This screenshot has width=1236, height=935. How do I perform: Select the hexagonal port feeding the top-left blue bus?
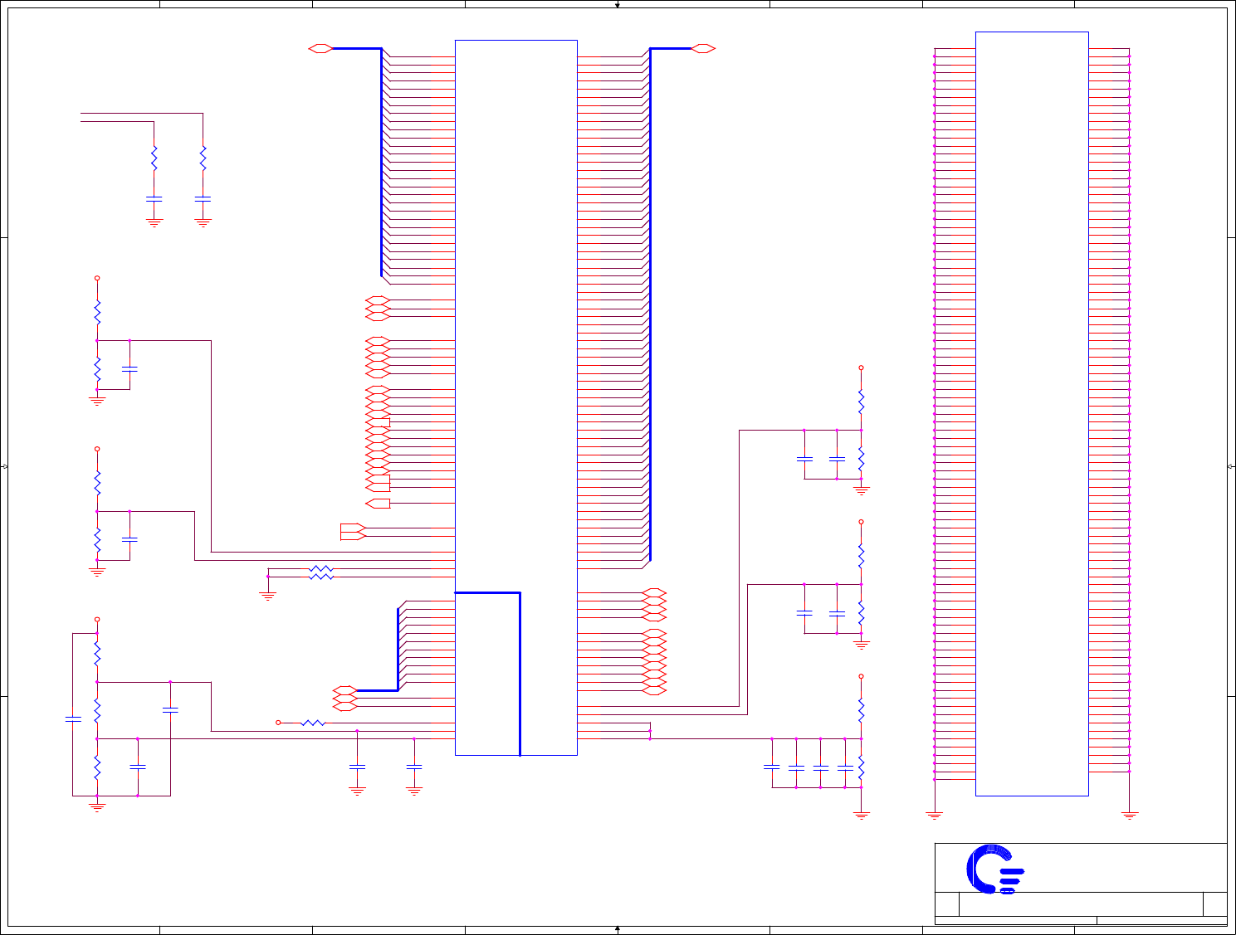tap(320, 49)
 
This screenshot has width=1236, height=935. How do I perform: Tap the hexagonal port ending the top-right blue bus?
tap(703, 49)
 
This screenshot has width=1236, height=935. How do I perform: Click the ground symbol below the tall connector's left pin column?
tap(935, 816)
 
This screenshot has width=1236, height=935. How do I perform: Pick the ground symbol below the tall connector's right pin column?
tap(1129, 816)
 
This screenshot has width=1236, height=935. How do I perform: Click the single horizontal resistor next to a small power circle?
tap(313, 723)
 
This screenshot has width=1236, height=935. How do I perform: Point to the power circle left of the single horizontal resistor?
tap(278, 723)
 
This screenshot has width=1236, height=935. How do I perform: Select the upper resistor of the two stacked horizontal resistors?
tap(320, 568)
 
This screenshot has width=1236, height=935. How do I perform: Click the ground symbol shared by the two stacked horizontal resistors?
tap(268, 595)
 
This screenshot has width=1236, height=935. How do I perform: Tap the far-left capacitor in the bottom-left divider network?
tap(73, 718)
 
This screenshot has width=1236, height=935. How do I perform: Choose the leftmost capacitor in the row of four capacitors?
tap(772, 767)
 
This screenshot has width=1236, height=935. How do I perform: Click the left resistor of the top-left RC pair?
tap(154, 158)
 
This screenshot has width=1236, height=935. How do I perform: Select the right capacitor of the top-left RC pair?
tap(203, 199)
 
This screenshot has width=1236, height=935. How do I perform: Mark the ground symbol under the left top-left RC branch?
tap(154, 222)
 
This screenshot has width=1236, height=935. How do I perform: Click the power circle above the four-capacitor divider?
tap(861, 676)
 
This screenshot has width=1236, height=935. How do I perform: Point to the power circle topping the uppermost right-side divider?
tap(861, 368)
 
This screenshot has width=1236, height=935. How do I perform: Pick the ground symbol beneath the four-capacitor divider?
tap(861, 815)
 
